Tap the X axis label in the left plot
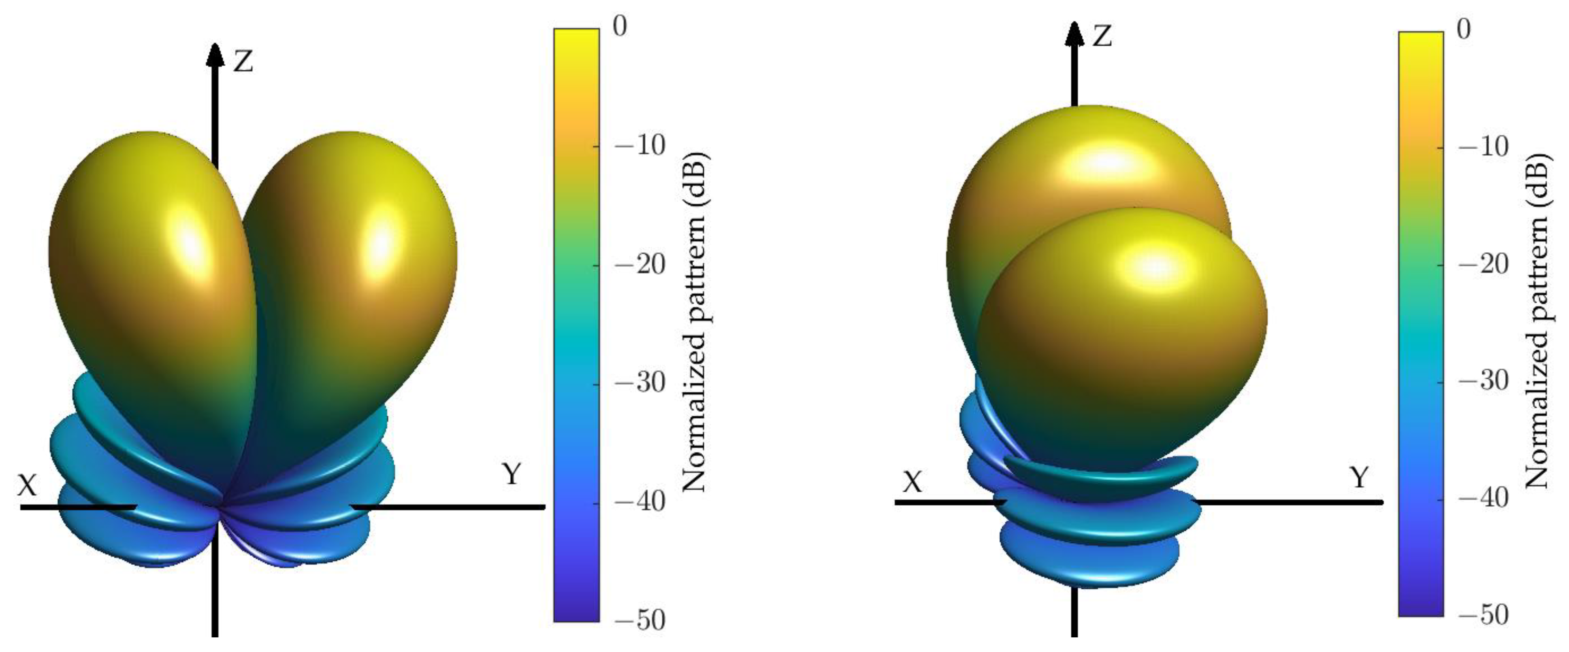(x=27, y=486)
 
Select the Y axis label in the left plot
(x=512, y=473)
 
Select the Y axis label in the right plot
(x=1360, y=477)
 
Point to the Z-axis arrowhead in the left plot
(x=215, y=54)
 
